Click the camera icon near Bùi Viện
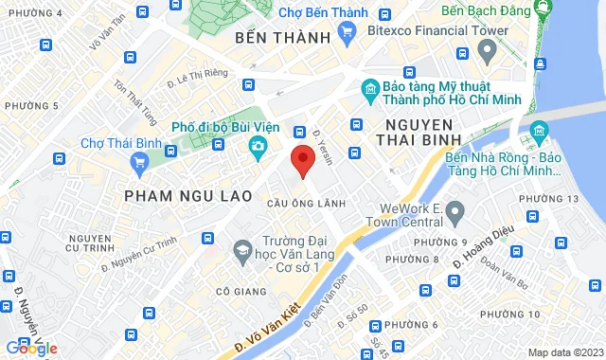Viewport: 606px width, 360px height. pos(258,145)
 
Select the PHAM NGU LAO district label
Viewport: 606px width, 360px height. pos(188,196)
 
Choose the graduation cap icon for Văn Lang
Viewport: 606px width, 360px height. pos(242,249)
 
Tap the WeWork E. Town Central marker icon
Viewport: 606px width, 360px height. pos(454,210)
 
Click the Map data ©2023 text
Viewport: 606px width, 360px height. pos(565,352)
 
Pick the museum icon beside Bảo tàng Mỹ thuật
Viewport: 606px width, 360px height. pos(370,92)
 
